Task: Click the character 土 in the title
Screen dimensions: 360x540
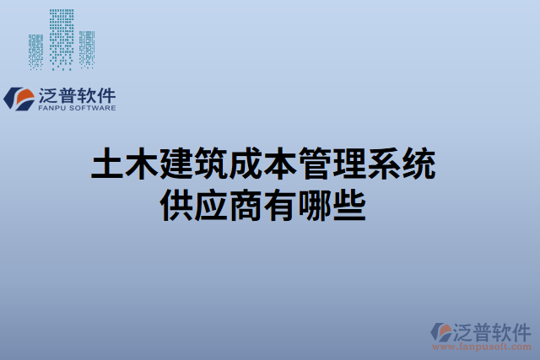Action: click(108, 164)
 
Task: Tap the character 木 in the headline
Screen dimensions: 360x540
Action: click(143, 164)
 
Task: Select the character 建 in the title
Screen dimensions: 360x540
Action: click(177, 164)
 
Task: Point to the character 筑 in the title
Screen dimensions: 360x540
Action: click(212, 164)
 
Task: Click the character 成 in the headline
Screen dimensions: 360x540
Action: click(246, 164)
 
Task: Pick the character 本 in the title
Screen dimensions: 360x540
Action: click(280, 164)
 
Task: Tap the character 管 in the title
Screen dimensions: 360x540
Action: click(315, 164)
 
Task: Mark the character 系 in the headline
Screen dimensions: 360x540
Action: click(384, 164)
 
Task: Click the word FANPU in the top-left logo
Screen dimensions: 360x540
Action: click(52, 108)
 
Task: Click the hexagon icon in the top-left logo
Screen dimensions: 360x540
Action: click(18, 99)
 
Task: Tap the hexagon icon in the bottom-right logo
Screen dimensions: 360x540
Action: click(440, 333)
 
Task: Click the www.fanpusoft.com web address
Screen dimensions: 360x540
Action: click(481, 347)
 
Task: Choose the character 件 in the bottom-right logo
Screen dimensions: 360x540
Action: click(521, 330)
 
